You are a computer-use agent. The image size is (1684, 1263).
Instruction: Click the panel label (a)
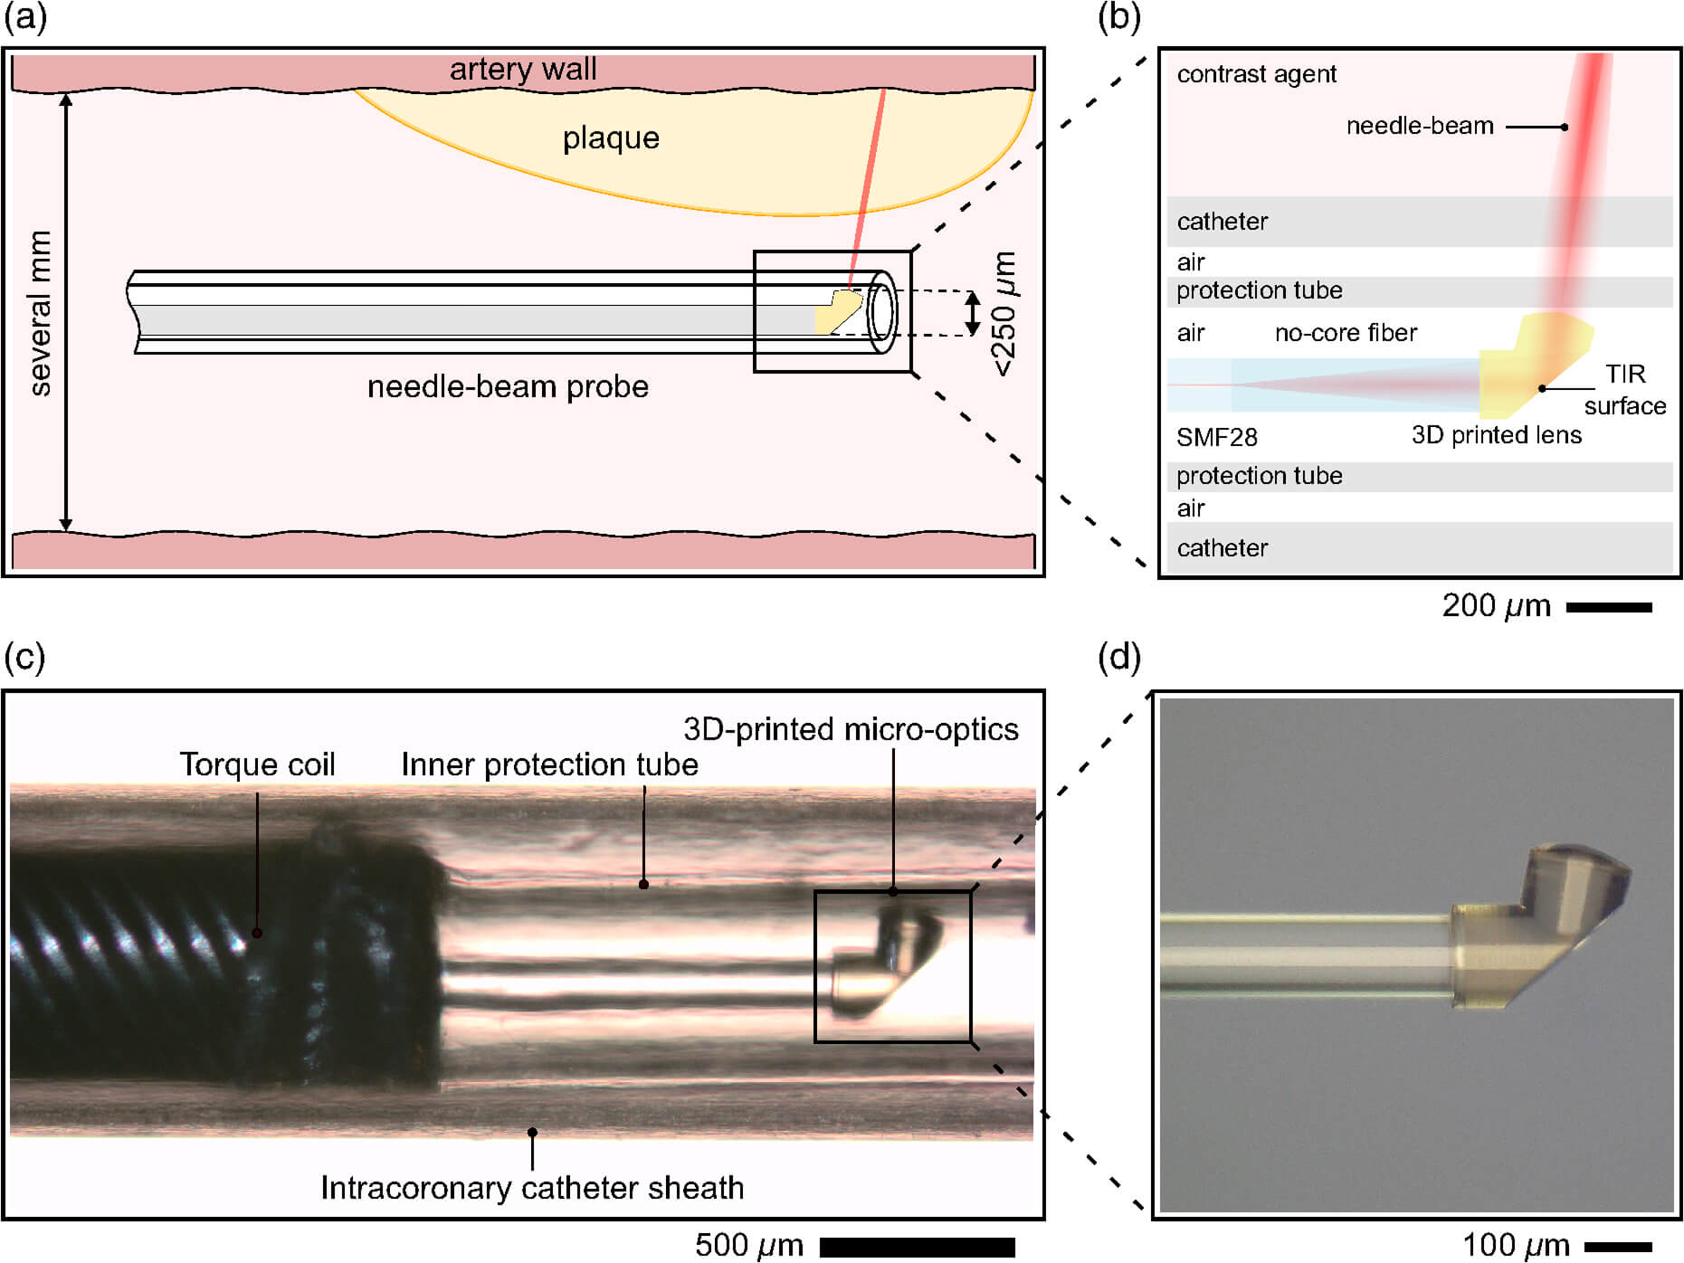click(24, 18)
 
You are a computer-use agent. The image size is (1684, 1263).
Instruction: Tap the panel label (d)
click(1118, 658)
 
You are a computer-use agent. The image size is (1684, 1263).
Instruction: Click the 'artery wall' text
click(523, 70)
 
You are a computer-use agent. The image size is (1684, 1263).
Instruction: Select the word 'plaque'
click(611, 138)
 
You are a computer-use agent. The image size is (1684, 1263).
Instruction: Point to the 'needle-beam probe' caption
click(508, 387)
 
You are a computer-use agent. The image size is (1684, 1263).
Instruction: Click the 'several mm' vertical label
click(41, 313)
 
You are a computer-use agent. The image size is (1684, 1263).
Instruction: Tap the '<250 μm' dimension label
click(1004, 313)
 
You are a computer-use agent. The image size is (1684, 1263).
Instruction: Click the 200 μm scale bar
click(1608, 608)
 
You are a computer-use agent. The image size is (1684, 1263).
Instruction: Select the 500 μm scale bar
click(917, 1247)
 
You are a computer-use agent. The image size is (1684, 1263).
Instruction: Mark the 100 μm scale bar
click(1618, 1247)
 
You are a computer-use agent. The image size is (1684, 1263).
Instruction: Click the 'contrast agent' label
click(1256, 74)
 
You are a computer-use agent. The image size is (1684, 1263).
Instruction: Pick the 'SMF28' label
click(1216, 438)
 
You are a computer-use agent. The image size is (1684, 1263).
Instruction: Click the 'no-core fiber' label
click(1346, 333)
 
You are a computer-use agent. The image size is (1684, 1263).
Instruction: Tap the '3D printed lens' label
click(1496, 435)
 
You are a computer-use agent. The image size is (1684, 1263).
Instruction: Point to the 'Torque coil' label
click(257, 765)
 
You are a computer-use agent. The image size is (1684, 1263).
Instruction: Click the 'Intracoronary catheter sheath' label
click(532, 1188)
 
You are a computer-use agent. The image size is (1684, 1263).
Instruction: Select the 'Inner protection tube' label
click(549, 765)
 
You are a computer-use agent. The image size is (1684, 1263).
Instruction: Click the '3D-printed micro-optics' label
click(851, 729)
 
